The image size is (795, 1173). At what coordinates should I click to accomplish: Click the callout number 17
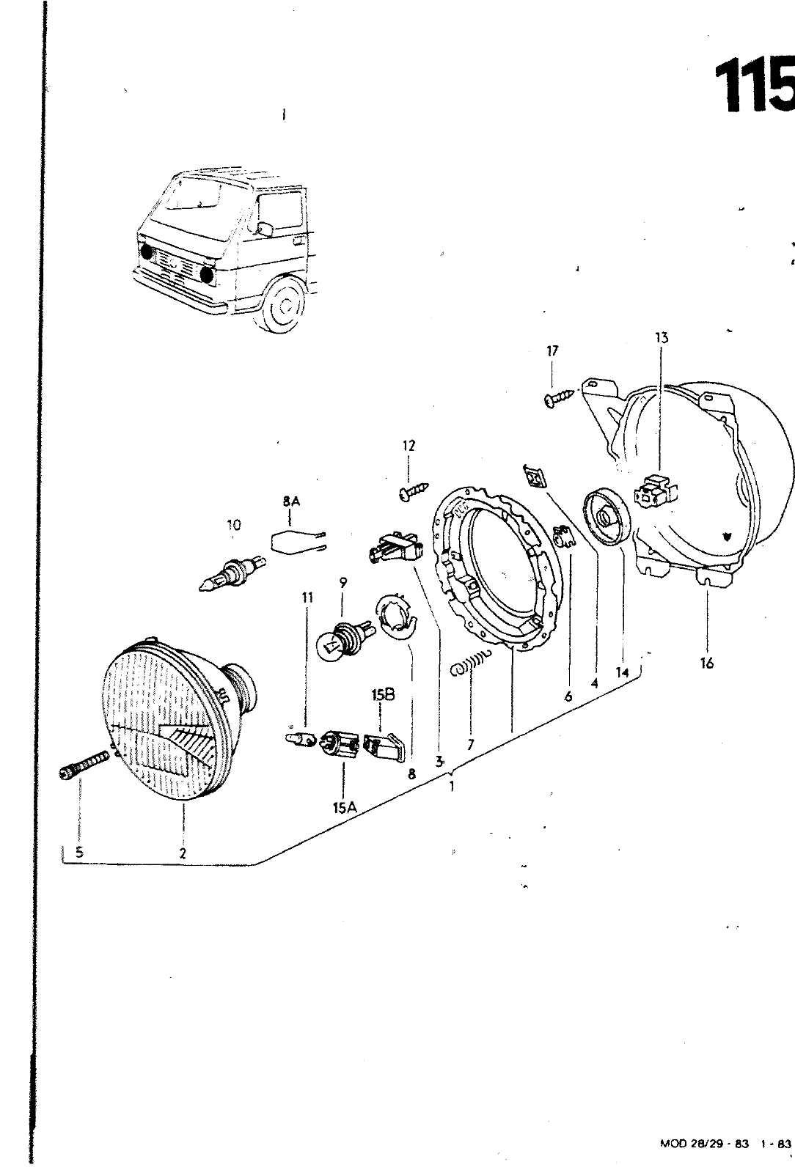pos(552,351)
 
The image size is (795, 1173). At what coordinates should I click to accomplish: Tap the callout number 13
pos(662,338)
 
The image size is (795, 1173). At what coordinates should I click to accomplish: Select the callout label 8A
pos(291,501)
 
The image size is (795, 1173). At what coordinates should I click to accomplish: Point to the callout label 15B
pos(383,696)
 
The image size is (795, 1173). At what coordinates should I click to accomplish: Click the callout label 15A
pos(344,808)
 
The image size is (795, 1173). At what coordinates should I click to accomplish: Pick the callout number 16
pos(706,663)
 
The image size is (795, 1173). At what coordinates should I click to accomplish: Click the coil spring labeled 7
pos(471,663)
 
